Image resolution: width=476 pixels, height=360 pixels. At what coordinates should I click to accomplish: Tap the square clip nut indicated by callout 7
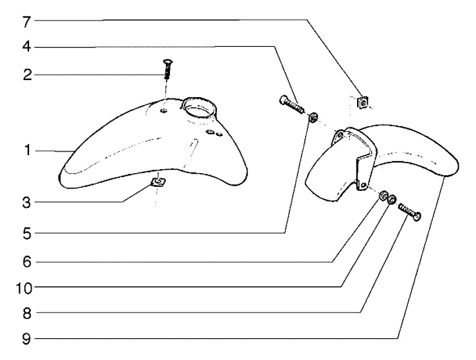[362, 102]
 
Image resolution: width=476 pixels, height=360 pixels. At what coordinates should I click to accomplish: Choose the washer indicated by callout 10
[391, 199]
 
